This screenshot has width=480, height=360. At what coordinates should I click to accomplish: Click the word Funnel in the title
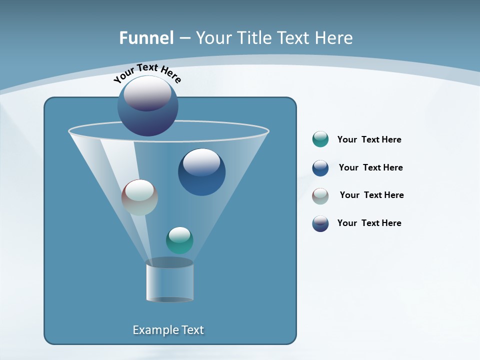pos(146,38)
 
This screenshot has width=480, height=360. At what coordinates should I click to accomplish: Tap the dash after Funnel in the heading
pos(184,38)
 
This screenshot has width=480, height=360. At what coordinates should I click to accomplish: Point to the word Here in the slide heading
pos(334,38)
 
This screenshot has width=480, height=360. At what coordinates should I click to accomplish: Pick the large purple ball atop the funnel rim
pos(147,106)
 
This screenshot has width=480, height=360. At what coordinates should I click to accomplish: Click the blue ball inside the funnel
pos(201,172)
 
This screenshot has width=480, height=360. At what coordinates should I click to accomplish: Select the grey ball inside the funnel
pos(139,197)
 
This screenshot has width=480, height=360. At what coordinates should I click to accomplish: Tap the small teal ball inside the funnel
pos(179,240)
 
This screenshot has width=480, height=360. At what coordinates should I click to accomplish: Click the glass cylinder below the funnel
pos(169,281)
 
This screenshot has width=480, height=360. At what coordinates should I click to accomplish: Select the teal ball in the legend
pos(320,139)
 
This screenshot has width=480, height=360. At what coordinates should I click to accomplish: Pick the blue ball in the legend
pos(320,167)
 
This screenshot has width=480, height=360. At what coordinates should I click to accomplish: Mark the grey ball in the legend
pos(320,195)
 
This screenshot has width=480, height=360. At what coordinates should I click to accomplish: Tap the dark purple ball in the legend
pos(320,223)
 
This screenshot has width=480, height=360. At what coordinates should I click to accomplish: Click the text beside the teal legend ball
pos(369,140)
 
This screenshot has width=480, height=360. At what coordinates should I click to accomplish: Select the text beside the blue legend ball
pos(370,168)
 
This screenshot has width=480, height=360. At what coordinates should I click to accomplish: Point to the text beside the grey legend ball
pos(371,195)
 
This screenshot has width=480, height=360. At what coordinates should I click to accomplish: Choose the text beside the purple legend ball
pos(369,223)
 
